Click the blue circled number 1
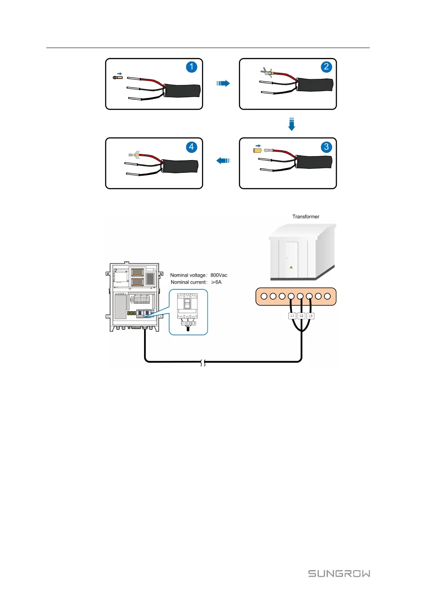191,67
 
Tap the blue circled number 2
326,67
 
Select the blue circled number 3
326,147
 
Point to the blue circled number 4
191,147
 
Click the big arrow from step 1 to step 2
223,83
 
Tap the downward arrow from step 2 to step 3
291,124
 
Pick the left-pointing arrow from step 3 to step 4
223,160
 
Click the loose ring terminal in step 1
117,77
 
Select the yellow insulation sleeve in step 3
257,151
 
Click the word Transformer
306,217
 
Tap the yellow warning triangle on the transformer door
291,267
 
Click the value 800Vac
219,275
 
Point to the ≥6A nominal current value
216,282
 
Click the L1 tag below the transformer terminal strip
292,316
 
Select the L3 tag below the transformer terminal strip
311,316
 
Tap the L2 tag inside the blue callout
188,323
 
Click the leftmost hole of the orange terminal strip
264,296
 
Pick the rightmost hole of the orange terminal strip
327,296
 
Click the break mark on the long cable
203,363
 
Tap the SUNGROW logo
339,573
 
